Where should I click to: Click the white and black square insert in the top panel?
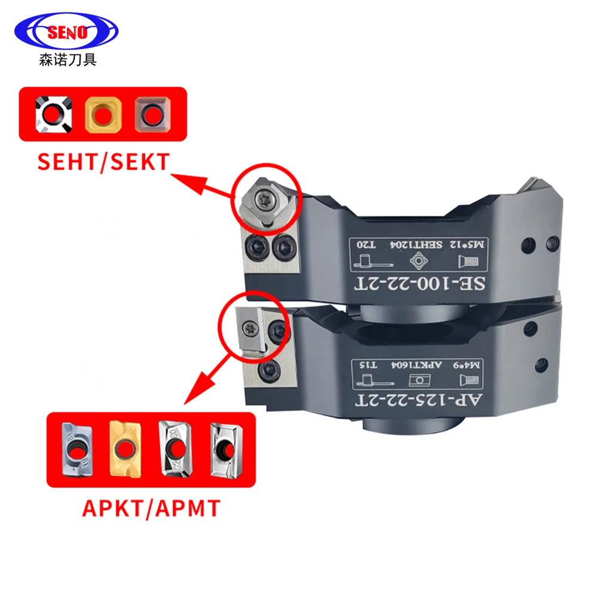coord(54,113)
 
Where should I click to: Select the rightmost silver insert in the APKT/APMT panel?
coord(225,449)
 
